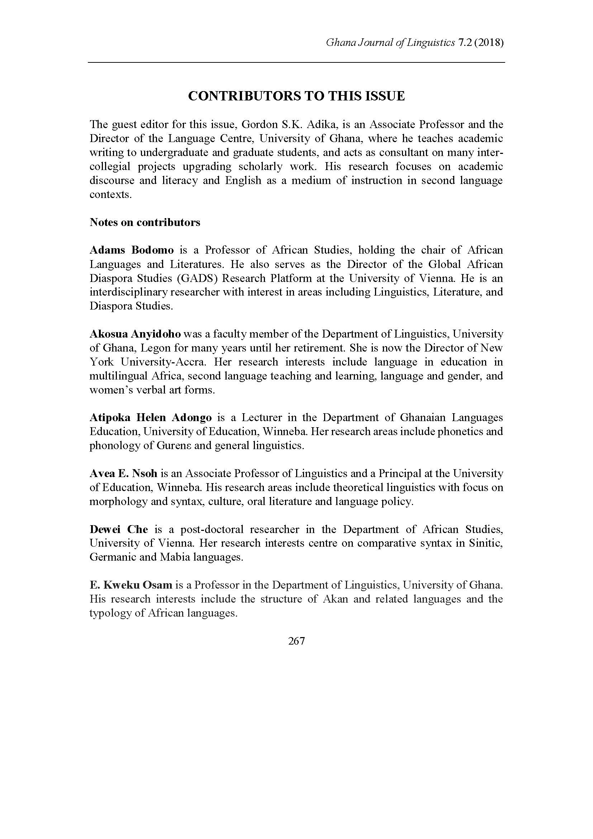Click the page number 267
[x=296, y=641]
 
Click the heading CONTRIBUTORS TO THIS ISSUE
[x=296, y=96]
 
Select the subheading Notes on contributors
[x=145, y=222]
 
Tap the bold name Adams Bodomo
[x=132, y=250]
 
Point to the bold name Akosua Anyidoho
[x=135, y=334]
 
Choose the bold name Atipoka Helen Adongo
[x=151, y=417]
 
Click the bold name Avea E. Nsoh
[x=123, y=473]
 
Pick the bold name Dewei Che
[x=119, y=529]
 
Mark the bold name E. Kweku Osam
[x=131, y=585]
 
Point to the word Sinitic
[x=487, y=543]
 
